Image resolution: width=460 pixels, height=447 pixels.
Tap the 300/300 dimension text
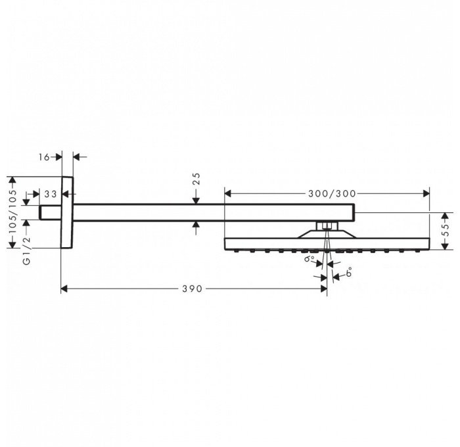[332, 193]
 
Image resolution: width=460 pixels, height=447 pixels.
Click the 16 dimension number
[45, 156]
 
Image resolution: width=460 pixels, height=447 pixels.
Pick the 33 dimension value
[50, 194]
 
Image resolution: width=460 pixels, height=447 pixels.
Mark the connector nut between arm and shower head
[325, 226]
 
